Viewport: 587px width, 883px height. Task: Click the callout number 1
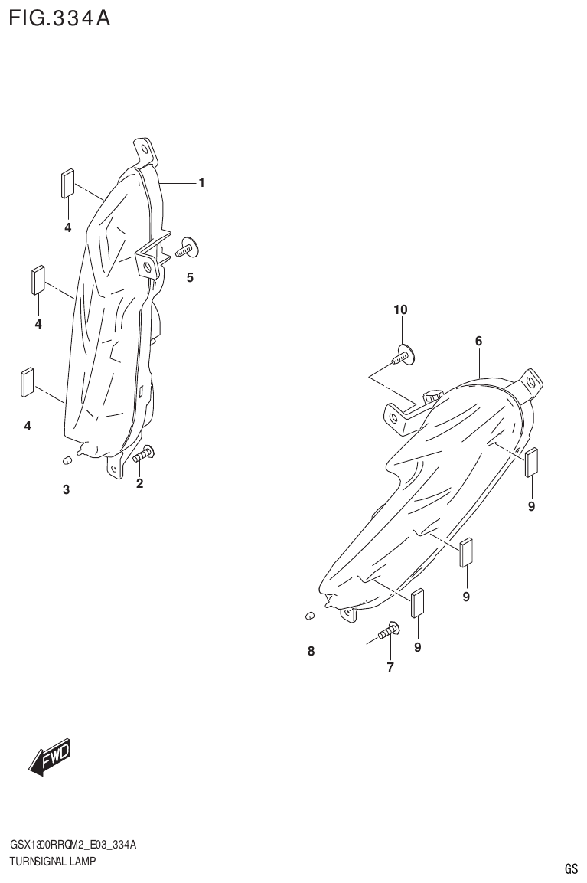pyautogui.click(x=201, y=182)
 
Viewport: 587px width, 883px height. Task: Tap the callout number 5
pyautogui.click(x=190, y=277)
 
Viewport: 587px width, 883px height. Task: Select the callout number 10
pyautogui.click(x=401, y=310)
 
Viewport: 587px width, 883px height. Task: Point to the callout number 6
pyautogui.click(x=478, y=342)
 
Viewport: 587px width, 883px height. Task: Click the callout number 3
pyautogui.click(x=66, y=489)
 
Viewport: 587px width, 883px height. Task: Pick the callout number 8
pyautogui.click(x=311, y=652)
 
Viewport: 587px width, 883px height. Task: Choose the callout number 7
pyautogui.click(x=390, y=667)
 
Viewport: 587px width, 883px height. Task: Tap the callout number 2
pyautogui.click(x=140, y=483)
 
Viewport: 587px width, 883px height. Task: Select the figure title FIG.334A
pyautogui.click(x=60, y=18)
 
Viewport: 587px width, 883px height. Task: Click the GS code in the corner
pyautogui.click(x=571, y=868)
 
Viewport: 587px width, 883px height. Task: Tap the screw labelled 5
pyautogui.click(x=188, y=247)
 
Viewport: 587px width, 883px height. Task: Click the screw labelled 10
pyautogui.click(x=403, y=355)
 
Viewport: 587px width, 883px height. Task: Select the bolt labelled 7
pyautogui.click(x=389, y=631)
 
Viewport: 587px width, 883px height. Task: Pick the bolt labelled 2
pyautogui.click(x=143, y=455)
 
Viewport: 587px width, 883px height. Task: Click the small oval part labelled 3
pyautogui.click(x=66, y=459)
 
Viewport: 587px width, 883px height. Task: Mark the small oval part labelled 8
pyautogui.click(x=310, y=616)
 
